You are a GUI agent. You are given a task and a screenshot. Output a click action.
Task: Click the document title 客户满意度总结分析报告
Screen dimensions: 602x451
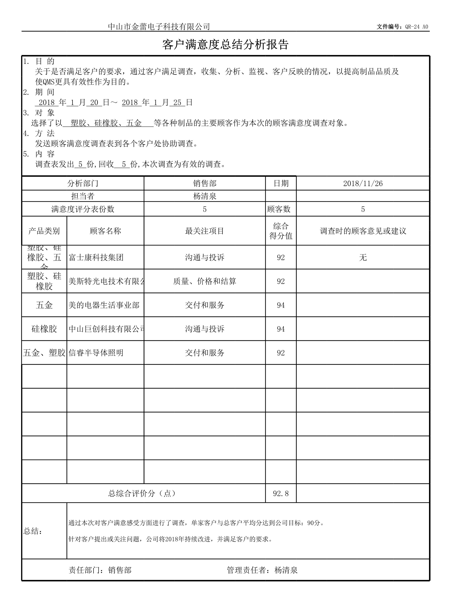225,45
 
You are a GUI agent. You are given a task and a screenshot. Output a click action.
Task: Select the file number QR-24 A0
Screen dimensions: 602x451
416,27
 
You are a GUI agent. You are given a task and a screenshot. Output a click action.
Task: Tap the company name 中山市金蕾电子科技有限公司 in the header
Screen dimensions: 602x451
159,26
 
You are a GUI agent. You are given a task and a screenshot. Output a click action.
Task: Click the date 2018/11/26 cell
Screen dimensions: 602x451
363,183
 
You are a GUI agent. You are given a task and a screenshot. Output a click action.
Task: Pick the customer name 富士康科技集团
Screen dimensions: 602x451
96,258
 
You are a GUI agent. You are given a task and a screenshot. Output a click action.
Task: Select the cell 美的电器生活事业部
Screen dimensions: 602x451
104,305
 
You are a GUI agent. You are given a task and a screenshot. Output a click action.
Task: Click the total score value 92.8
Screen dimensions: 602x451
281,493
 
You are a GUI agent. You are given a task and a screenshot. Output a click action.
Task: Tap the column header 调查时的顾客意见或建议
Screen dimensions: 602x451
363,231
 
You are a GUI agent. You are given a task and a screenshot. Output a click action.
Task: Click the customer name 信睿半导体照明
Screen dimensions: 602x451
96,353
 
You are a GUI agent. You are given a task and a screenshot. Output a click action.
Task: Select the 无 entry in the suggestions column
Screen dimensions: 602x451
363,258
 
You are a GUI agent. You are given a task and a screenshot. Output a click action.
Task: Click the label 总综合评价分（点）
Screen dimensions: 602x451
142,493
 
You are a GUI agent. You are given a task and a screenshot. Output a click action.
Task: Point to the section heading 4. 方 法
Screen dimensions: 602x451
39,133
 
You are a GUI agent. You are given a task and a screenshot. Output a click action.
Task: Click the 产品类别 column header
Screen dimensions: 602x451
44,231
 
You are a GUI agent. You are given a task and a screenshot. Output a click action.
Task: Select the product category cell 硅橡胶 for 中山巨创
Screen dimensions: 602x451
44,329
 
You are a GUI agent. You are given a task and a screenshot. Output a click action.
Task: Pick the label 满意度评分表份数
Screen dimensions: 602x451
83,209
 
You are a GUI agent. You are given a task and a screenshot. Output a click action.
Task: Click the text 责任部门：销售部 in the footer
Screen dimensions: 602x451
100,570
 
